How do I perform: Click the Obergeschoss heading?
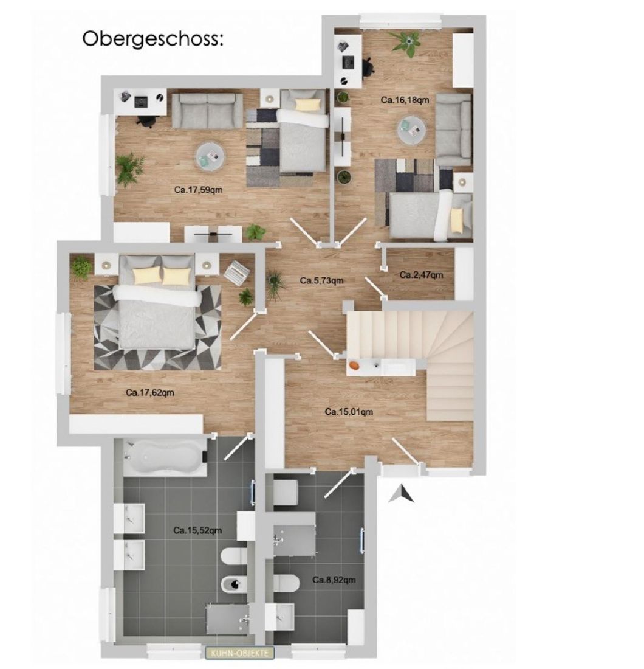[x=152, y=39]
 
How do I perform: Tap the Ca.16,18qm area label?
[x=405, y=100]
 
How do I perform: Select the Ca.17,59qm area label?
[x=199, y=190]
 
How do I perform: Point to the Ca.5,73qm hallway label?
[x=322, y=280]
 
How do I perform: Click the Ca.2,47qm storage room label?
[x=421, y=275]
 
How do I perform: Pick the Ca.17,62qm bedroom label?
[x=150, y=392]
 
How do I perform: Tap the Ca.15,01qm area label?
[x=349, y=412]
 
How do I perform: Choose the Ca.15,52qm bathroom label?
[x=198, y=530]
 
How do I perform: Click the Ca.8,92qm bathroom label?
[x=334, y=580]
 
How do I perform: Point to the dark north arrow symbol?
[x=401, y=494]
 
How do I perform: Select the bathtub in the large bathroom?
[x=165, y=457]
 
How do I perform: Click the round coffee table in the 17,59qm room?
[x=210, y=156]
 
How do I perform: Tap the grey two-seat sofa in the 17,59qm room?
[x=207, y=110]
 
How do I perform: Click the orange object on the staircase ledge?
[x=354, y=366]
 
